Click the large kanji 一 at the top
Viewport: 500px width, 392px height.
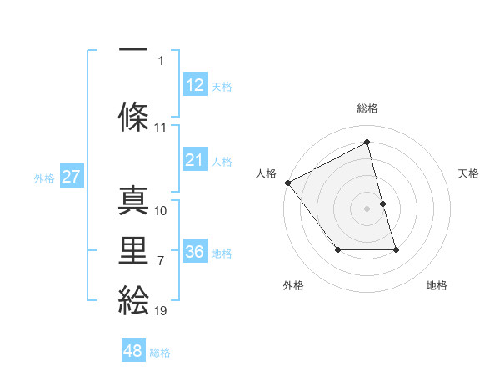(x=133, y=48)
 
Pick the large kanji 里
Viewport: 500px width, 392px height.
(x=133, y=249)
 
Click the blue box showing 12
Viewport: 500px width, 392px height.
(x=194, y=85)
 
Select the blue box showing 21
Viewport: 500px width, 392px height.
(x=194, y=160)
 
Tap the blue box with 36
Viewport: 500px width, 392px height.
(x=194, y=252)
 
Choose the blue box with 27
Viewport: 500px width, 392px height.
(x=71, y=177)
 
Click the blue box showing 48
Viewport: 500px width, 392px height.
(x=132, y=351)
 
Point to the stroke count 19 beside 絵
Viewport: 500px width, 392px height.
(x=161, y=311)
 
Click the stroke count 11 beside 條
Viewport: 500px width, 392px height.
(x=161, y=128)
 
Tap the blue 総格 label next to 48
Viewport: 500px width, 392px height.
(x=160, y=353)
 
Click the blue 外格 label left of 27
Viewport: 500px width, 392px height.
(x=44, y=178)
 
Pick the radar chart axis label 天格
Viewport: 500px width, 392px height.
(x=469, y=173)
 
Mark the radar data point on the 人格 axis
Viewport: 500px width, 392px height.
(x=287, y=182)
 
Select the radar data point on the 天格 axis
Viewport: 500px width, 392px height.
(x=382, y=204)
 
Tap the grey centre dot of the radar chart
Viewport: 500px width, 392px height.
(x=367, y=209)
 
